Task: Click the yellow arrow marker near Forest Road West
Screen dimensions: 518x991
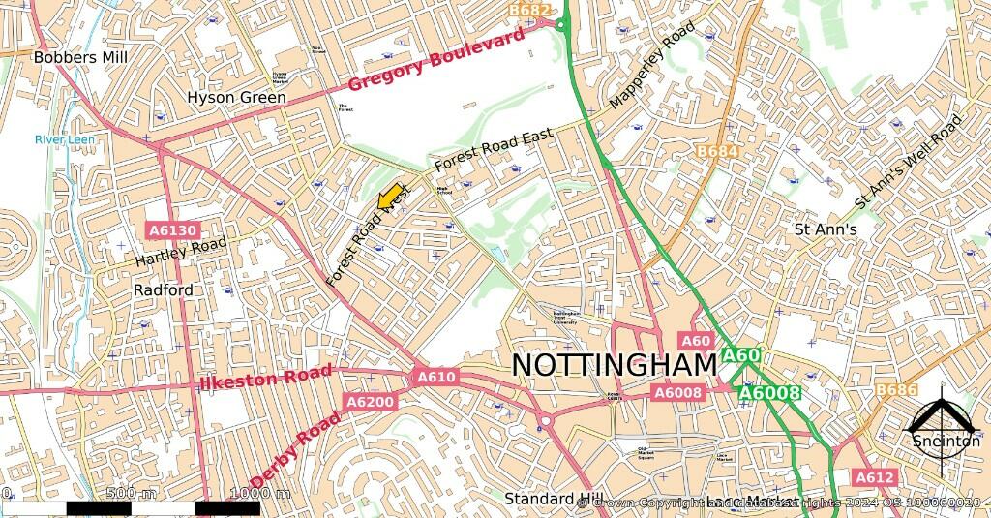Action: tap(390, 198)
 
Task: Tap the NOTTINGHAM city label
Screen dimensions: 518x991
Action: tap(614, 365)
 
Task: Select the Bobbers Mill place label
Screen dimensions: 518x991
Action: tap(80, 57)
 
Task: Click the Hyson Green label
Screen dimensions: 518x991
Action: tap(236, 98)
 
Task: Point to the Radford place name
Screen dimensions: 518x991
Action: tap(163, 289)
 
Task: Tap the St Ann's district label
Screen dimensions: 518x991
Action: tap(826, 229)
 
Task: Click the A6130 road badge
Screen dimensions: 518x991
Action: tap(173, 230)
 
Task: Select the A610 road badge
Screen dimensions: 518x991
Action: tap(435, 376)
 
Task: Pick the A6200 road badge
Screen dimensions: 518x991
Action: tap(370, 401)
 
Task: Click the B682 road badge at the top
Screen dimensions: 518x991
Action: tap(530, 10)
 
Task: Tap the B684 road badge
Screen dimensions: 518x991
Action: tap(717, 152)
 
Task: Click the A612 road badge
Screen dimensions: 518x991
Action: tap(875, 477)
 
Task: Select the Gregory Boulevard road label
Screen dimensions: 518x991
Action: tap(436, 59)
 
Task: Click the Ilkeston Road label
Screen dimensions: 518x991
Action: tap(266, 379)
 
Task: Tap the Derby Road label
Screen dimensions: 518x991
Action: tap(296, 449)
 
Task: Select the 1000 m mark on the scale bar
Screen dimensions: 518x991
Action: tap(260, 494)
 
